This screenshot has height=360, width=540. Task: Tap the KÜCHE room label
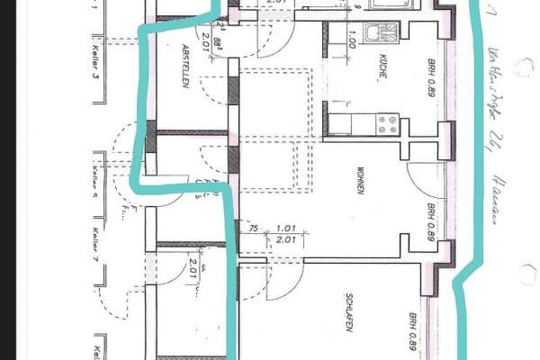click(x=382, y=67)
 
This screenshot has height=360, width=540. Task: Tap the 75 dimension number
click(x=256, y=230)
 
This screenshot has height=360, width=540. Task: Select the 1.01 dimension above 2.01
click(x=286, y=229)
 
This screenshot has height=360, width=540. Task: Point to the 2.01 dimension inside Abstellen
click(x=205, y=39)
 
